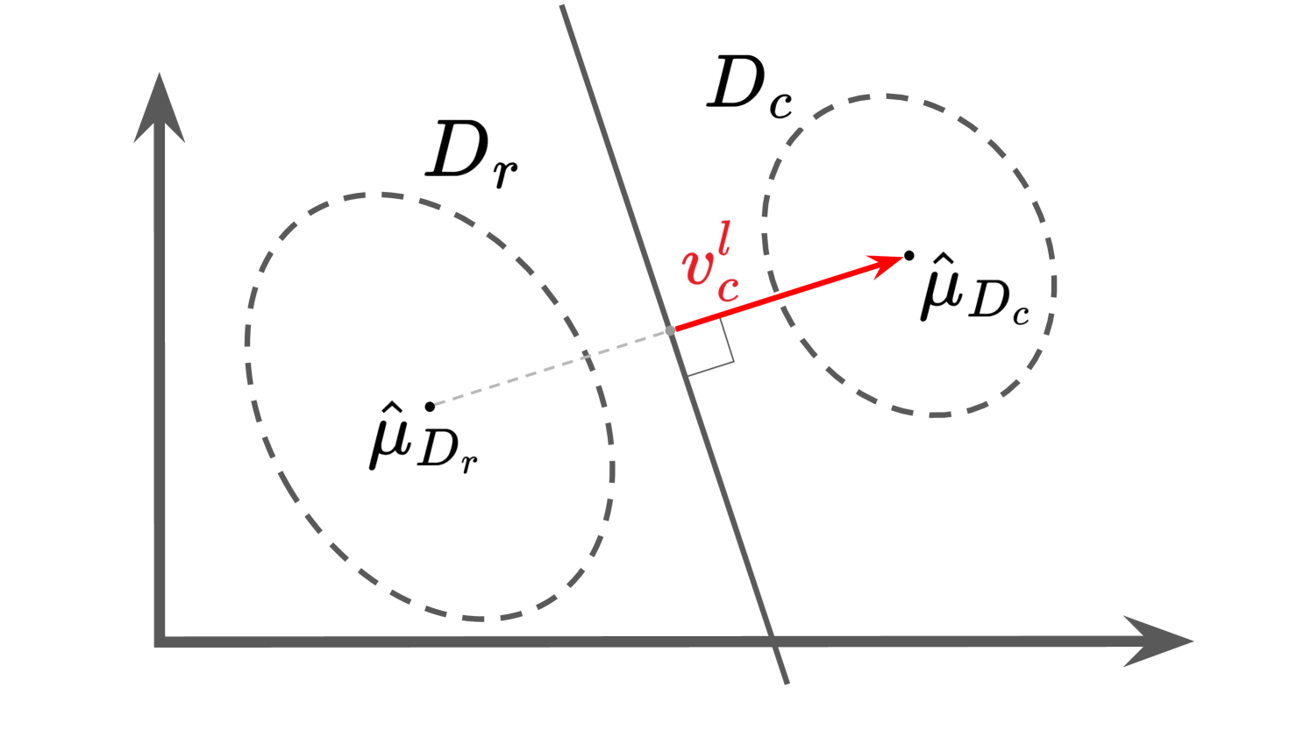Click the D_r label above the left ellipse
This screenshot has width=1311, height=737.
(469, 154)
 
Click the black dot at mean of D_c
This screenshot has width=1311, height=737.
(909, 256)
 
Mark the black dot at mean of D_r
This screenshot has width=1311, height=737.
(430, 407)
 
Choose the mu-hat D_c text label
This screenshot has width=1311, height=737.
(973, 292)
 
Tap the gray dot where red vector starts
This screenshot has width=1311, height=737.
(671, 330)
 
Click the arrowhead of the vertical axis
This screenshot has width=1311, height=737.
(159, 105)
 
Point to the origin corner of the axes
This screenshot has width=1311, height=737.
(160, 641)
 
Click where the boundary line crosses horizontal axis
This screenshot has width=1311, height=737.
(773, 641)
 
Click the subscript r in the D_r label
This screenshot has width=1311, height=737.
(504, 173)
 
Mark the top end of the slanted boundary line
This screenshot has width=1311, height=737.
(562, 7)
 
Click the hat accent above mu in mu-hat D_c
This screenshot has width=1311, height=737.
(943, 259)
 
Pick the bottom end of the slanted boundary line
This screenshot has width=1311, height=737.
(787, 682)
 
